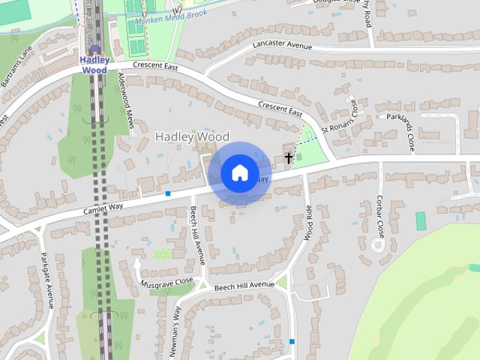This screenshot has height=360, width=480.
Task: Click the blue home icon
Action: pos(239,173)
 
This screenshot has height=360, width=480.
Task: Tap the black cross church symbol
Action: pos(289,157)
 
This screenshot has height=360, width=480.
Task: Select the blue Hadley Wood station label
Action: pos(94,64)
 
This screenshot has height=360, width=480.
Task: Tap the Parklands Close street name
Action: pos(407,131)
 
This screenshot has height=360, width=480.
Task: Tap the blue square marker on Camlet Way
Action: pos(168,193)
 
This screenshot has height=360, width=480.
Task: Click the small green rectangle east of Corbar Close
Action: pos(420,221)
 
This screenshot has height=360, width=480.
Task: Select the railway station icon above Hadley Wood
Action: pos(94,49)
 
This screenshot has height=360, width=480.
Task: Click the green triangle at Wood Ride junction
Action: pos(282,283)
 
